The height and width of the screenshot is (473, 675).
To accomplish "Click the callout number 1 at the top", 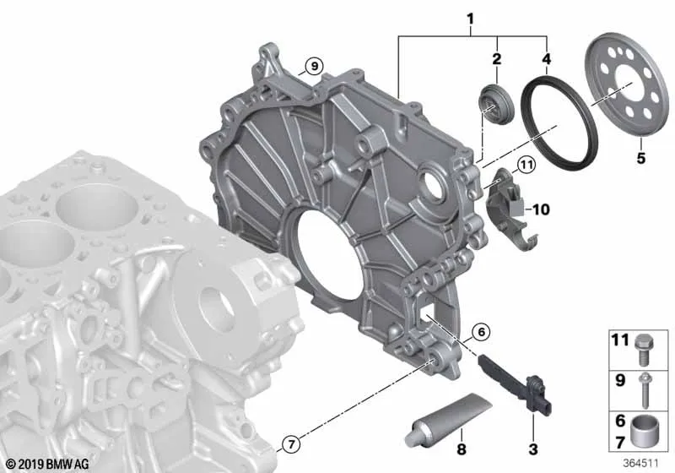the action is (470, 19).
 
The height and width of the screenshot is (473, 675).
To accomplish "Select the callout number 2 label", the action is (497, 59).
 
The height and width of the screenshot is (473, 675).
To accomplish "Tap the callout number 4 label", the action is (546, 59).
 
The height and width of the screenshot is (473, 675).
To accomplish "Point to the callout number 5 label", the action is (641, 158).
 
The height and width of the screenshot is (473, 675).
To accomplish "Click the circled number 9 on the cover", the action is (314, 67).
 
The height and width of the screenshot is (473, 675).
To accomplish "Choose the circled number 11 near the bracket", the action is (526, 165).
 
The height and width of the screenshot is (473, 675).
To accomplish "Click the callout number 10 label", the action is (541, 209).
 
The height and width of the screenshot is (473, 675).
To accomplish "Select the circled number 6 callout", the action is (481, 332).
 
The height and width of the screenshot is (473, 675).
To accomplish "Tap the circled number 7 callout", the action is (291, 443).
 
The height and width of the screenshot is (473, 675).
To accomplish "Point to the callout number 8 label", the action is (461, 449).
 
